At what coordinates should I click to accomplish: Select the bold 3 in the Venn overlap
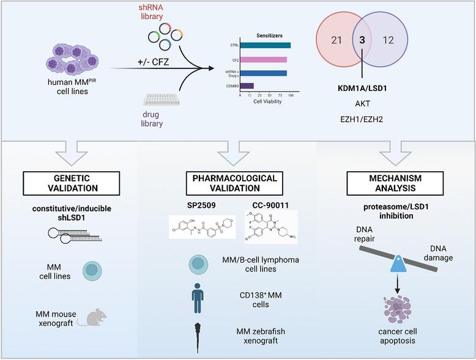363,56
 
